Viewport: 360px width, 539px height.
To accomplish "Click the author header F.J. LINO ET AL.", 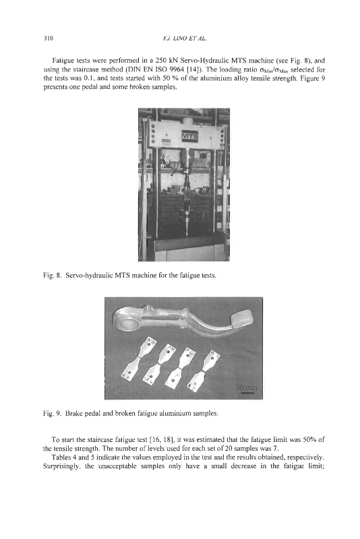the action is point(184,38).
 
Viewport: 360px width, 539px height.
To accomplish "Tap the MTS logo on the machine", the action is point(190,136).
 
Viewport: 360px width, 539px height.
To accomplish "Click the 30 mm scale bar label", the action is point(246,387).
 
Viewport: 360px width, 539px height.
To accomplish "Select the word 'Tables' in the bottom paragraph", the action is point(60,457).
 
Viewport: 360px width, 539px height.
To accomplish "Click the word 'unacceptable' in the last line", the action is point(113,466).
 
